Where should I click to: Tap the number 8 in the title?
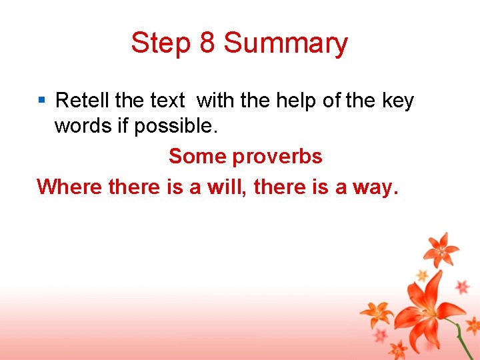click(207, 43)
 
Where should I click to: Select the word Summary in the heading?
click(285, 44)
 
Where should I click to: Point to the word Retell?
click(83, 101)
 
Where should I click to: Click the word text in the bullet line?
click(167, 101)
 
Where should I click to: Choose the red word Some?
click(197, 156)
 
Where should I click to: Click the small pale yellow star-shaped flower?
click(421, 275)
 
